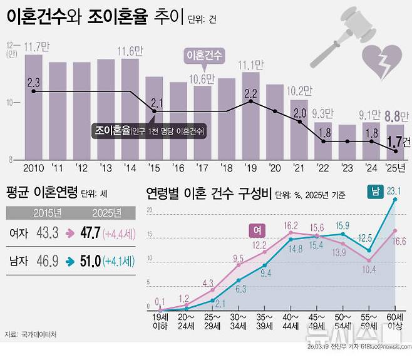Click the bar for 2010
coord(33,106)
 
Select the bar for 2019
coord(250,116)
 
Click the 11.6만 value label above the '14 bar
coord(130,50)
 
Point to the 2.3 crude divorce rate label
coord(34,82)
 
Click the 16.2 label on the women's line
coord(291,225)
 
